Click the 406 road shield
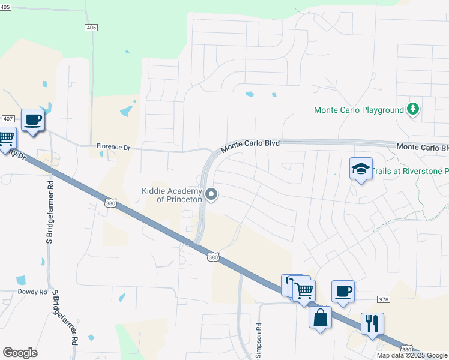91,28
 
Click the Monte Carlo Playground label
359,110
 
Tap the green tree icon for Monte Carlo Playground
412,109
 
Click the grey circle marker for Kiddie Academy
211,194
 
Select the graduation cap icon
361,169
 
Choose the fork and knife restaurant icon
372,323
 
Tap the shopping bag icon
320,317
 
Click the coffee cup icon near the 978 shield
343,291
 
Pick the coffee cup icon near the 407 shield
33,119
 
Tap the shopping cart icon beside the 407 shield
6,139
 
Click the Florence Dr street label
113,146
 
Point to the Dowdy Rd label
35,292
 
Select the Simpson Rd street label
259,341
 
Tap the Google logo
20,353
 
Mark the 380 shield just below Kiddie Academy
213,257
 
